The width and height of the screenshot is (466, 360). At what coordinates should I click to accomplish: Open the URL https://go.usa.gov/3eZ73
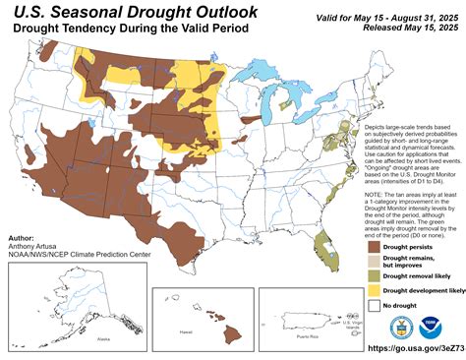pos(414,348)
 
